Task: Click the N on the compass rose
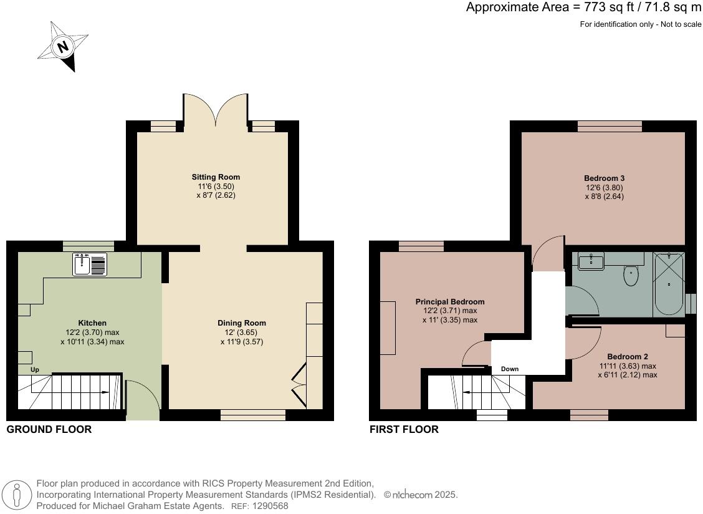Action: pyautogui.click(x=63, y=46)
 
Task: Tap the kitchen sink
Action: pyautogui.click(x=90, y=264)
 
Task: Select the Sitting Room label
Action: pyautogui.click(x=216, y=177)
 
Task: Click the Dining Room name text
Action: pyautogui.click(x=242, y=322)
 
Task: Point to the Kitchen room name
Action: pyautogui.click(x=92, y=322)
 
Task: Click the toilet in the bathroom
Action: pyautogui.click(x=631, y=275)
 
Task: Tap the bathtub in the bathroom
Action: pyautogui.click(x=669, y=284)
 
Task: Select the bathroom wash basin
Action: pyautogui.click(x=591, y=261)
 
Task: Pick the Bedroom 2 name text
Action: pyautogui.click(x=627, y=356)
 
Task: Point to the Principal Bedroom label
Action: pyautogui.click(x=450, y=302)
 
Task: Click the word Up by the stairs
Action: pyautogui.click(x=34, y=369)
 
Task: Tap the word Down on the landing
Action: pyautogui.click(x=510, y=369)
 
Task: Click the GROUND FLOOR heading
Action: pyautogui.click(x=49, y=430)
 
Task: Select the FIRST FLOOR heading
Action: pyautogui.click(x=404, y=430)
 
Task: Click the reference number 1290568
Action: pyautogui.click(x=270, y=506)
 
